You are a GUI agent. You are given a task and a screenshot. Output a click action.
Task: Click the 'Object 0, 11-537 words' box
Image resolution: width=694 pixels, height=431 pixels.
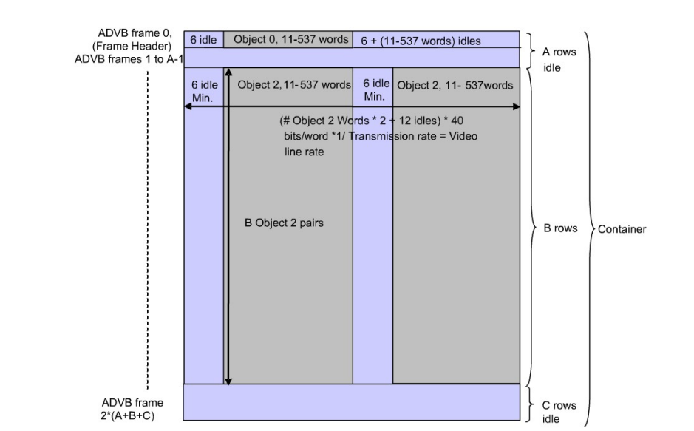click(290, 39)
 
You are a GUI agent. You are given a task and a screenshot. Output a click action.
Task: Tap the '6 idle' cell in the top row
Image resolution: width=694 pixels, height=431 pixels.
click(203, 40)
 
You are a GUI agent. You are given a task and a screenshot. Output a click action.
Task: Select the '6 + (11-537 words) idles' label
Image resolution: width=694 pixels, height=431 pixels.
click(421, 41)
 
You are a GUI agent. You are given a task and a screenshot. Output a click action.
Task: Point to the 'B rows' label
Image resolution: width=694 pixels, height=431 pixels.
click(560, 228)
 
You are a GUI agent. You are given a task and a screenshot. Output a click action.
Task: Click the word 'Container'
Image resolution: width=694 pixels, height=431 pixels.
click(622, 229)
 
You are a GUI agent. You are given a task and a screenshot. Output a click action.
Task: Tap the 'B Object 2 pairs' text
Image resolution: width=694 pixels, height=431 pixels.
click(284, 222)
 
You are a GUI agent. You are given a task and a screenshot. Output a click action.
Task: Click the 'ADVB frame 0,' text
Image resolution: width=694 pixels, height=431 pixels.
click(140, 34)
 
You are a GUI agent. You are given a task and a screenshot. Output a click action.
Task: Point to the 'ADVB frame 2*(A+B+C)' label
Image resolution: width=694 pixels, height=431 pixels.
click(133, 408)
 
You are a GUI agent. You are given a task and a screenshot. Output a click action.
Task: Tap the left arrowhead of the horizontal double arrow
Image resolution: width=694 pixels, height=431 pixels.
click(187, 107)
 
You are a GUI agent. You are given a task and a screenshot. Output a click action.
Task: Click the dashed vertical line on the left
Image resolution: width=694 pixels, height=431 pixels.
click(148, 222)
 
